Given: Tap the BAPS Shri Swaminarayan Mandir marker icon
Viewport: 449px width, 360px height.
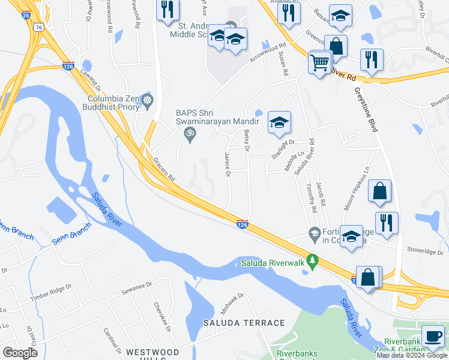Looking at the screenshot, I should pyautogui.click(x=190, y=136).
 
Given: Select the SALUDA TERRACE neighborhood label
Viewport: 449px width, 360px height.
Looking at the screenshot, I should pyautogui.click(x=243, y=323).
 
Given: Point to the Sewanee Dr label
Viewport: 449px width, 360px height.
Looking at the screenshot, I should pyautogui.click(x=133, y=288).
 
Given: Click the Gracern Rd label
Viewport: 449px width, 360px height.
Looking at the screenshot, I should pyautogui.click(x=163, y=170).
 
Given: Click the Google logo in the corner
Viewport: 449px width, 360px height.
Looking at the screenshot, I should pyautogui.click(x=20, y=353).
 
